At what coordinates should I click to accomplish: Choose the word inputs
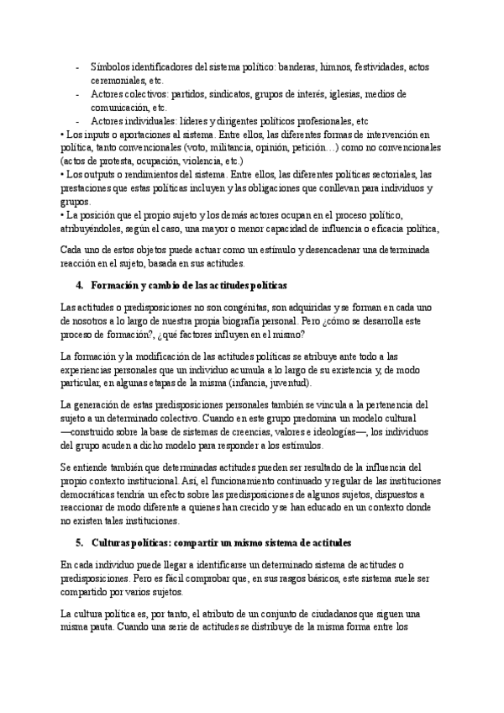pyautogui.click(x=95, y=135)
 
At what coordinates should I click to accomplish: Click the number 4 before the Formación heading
pyautogui.click(x=79, y=285)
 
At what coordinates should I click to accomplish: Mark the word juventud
pyautogui.click(x=288, y=383)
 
